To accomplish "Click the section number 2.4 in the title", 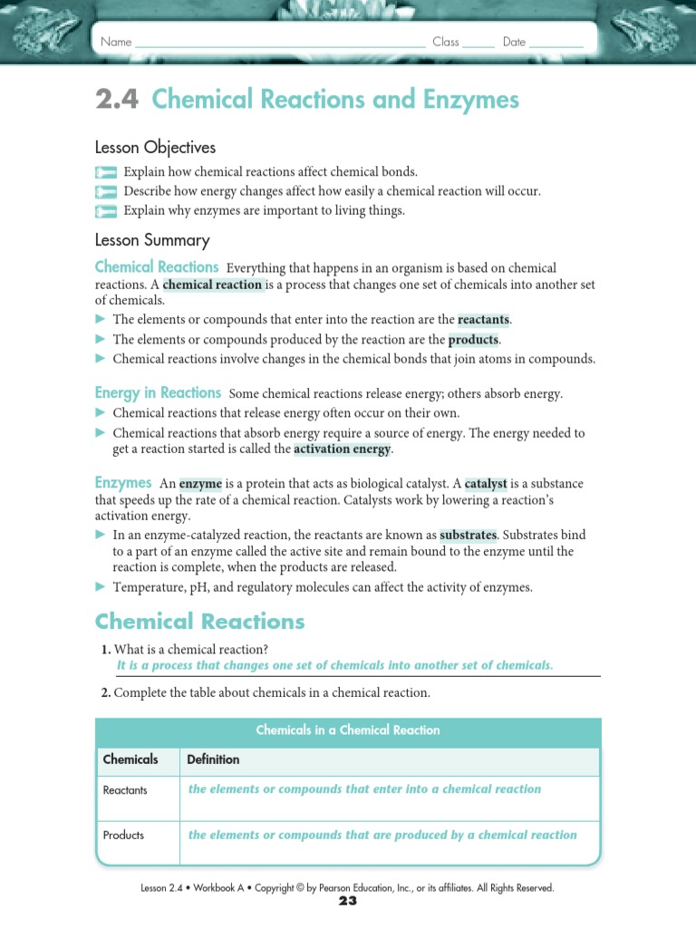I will pyautogui.click(x=118, y=99).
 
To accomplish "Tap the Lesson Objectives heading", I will pyautogui.click(x=155, y=147).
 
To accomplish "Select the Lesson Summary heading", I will pyautogui.click(x=152, y=240).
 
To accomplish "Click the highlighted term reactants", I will pyautogui.click(x=484, y=320).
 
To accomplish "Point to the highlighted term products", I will pyautogui.click(x=473, y=339).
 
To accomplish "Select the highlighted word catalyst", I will pyautogui.click(x=486, y=484).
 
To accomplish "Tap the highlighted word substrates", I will pyautogui.click(x=468, y=536).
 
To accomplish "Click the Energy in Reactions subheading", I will pyautogui.click(x=158, y=392).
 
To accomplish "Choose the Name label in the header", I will pyautogui.click(x=116, y=42).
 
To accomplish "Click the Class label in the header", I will pyautogui.click(x=446, y=42).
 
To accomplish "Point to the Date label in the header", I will pyautogui.click(x=514, y=42).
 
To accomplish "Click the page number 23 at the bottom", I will pyautogui.click(x=348, y=901).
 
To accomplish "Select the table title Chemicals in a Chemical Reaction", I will pyautogui.click(x=348, y=730).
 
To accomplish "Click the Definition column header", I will pyautogui.click(x=213, y=759).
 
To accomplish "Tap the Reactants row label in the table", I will pyautogui.click(x=125, y=790).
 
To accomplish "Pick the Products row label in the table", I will pyautogui.click(x=123, y=835).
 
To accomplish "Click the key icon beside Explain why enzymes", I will pyautogui.click(x=106, y=211).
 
